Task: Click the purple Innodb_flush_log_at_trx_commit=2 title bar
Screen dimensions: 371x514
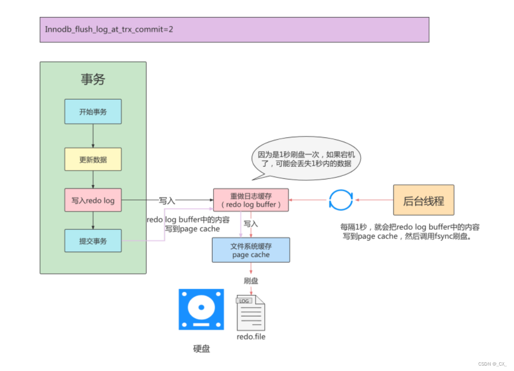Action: tap(234, 30)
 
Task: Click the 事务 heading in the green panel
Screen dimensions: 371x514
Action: tap(93, 79)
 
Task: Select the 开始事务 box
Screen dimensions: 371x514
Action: tap(93, 111)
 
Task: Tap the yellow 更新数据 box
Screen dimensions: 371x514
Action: tap(93, 159)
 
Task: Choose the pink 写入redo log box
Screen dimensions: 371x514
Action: tap(93, 200)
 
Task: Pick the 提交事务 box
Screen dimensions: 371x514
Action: tap(93, 240)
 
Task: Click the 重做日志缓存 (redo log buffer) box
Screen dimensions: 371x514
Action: tap(251, 200)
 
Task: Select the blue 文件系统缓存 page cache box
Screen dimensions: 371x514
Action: tap(251, 250)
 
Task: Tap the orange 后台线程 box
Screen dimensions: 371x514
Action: tap(424, 200)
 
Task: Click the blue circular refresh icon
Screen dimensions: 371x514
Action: tap(341, 200)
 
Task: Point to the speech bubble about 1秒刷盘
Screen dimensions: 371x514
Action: tap(305, 158)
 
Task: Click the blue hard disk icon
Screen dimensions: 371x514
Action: tap(201, 309)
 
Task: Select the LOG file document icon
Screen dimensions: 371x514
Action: tap(251, 313)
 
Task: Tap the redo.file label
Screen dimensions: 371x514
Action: tap(251, 337)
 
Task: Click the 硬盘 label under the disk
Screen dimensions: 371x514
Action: tap(201, 349)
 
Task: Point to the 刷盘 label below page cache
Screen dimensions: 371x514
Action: tap(251, 281)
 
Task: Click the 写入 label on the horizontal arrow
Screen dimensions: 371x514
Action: tap(167, 200)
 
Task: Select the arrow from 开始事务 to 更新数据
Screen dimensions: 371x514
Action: tap(93, 136)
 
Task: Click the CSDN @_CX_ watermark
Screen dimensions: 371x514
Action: tap(492, 364)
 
